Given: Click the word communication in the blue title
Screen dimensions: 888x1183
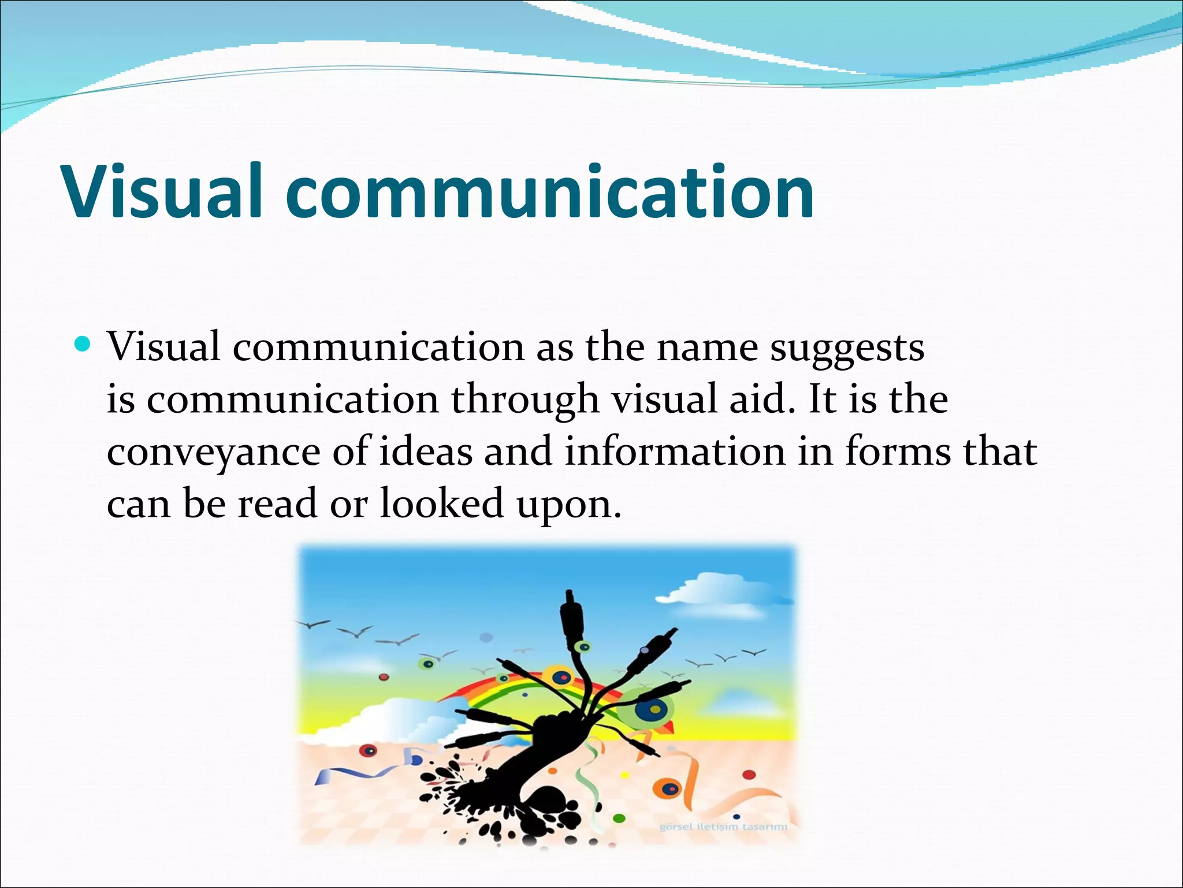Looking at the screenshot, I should [549, 192].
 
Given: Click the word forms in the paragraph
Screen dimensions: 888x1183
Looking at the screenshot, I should [898, 452].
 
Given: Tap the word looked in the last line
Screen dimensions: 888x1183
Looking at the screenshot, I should [442, 503].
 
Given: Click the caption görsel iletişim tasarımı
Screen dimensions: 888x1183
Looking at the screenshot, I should [723, 827].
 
